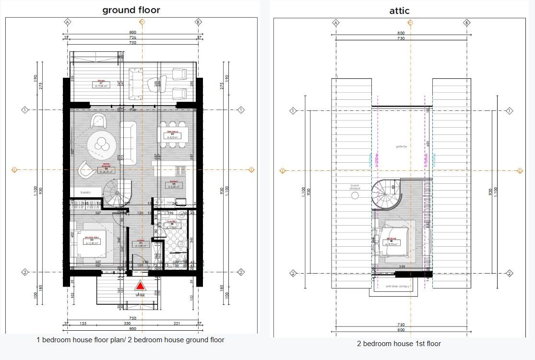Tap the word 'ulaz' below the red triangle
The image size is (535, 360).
click(x=140, y=295)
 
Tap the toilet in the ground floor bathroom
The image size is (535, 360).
click(x=179, y=246)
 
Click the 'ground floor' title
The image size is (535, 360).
click(x=131, y=10)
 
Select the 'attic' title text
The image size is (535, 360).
click(x=399, y=10)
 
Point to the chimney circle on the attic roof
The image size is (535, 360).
click(x=356, y=196)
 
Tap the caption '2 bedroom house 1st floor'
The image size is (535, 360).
click(x=399, y=344)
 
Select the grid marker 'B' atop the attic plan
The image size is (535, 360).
click(x=466, y=22)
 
